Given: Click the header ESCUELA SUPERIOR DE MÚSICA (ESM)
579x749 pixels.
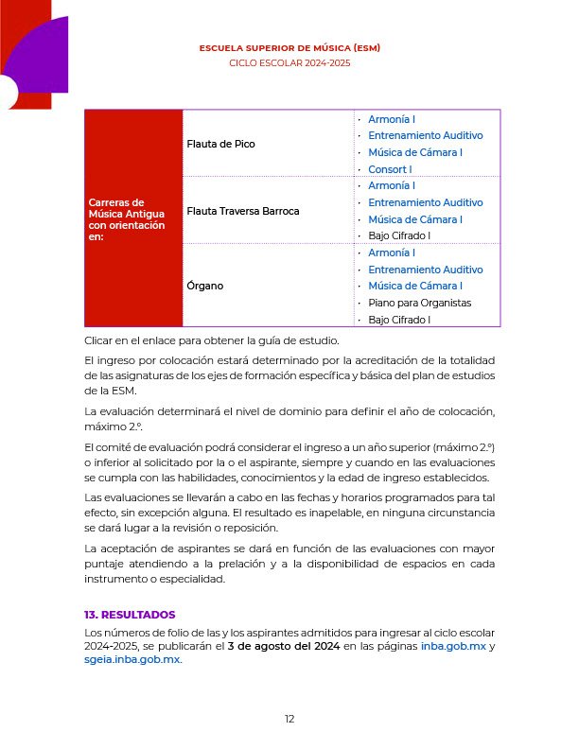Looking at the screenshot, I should [289, 47].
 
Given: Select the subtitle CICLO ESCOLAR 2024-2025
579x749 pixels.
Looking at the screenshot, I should [289, 62].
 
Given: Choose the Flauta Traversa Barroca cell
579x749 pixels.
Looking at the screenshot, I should [243, 211].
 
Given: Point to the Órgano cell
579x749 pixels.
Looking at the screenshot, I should [205, 286].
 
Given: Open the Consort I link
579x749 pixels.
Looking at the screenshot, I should [390, 169].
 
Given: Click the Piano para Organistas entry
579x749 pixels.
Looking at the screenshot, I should [419, 303].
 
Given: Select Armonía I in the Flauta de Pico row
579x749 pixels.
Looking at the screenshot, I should [392, 119].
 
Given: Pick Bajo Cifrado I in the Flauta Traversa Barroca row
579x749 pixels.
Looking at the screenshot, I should [399, 235].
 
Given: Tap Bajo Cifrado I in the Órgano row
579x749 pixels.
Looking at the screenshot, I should [399, 320].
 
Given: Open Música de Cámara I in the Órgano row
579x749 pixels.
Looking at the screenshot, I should [414, 286].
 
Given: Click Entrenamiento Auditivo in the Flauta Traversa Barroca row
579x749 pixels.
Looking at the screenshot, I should [425, 202].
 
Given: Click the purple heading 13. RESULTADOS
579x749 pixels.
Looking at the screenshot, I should [130, 615].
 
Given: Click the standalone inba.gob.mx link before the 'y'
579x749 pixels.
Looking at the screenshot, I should [452, 646].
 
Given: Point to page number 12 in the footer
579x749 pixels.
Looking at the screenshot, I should [289, 719].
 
